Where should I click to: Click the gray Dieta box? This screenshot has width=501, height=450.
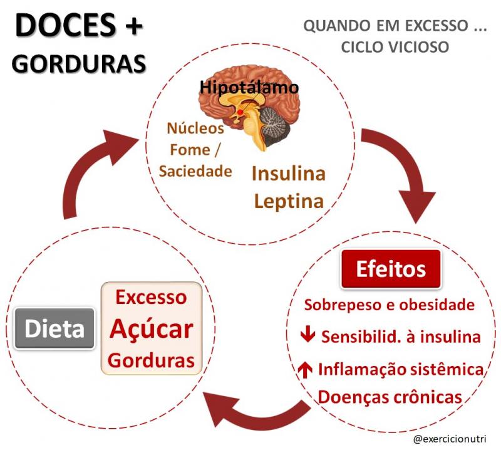(54, 328)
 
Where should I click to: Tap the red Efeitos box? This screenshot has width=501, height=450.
(391, 269)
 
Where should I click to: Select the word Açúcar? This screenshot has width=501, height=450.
(152, 329)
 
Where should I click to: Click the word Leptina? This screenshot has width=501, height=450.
(289, 201)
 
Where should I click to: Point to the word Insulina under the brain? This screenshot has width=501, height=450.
(289, 174)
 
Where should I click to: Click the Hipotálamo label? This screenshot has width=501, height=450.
(249, 87)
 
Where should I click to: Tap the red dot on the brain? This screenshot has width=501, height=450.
(240, 112)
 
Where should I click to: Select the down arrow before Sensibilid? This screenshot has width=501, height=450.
(307, 335)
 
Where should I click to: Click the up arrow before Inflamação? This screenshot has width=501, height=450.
(305, 369)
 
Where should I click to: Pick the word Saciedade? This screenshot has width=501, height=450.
(195, 171)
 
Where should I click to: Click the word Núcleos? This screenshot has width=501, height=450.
(195, 128)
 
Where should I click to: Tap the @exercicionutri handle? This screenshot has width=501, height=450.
(450, 439)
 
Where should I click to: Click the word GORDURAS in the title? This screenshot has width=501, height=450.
(79, 64)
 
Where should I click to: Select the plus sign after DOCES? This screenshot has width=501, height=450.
(133, 26)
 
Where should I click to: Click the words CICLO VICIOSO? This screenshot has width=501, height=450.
(395, 47)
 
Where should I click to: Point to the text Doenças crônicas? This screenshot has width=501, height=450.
(390, 397)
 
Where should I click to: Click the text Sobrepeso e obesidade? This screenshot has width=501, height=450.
(389, 305)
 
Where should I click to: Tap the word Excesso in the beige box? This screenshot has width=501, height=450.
(151, 297)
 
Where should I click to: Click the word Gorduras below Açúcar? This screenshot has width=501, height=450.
(151, 360)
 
